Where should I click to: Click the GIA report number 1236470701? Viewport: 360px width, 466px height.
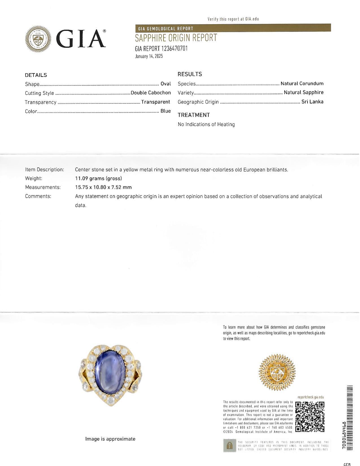click(161, 48)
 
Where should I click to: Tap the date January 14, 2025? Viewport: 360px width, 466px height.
click(149, 56)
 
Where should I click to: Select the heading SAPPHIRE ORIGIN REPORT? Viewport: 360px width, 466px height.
click(176, 38)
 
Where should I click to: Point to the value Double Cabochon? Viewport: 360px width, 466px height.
click(151, 93)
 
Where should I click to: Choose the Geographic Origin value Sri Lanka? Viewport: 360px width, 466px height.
click(312, 102)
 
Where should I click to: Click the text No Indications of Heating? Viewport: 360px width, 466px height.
click(206, 124)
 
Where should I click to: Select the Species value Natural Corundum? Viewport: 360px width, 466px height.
click(302, 84)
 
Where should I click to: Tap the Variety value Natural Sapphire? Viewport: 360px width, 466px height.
click(304, 92)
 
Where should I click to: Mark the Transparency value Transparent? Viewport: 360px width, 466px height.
click(156, 102)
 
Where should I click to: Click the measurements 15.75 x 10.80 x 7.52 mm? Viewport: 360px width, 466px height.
click(103, 187)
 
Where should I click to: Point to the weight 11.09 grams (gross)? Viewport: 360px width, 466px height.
click(99, 178)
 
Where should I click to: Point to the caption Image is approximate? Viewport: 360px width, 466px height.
click(110, 439)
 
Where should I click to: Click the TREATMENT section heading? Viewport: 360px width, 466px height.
click(194, 115)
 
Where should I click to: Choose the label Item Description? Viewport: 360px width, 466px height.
click(45, 170)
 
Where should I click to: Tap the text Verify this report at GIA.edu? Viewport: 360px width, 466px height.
click(233, 19)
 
